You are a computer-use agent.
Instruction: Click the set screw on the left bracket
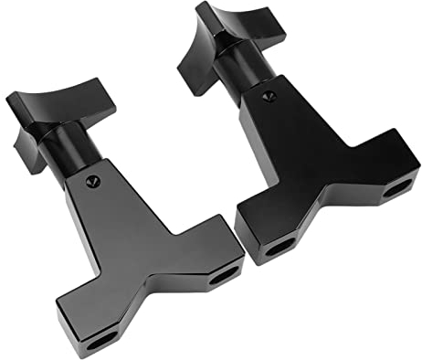(x=92, y=182)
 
